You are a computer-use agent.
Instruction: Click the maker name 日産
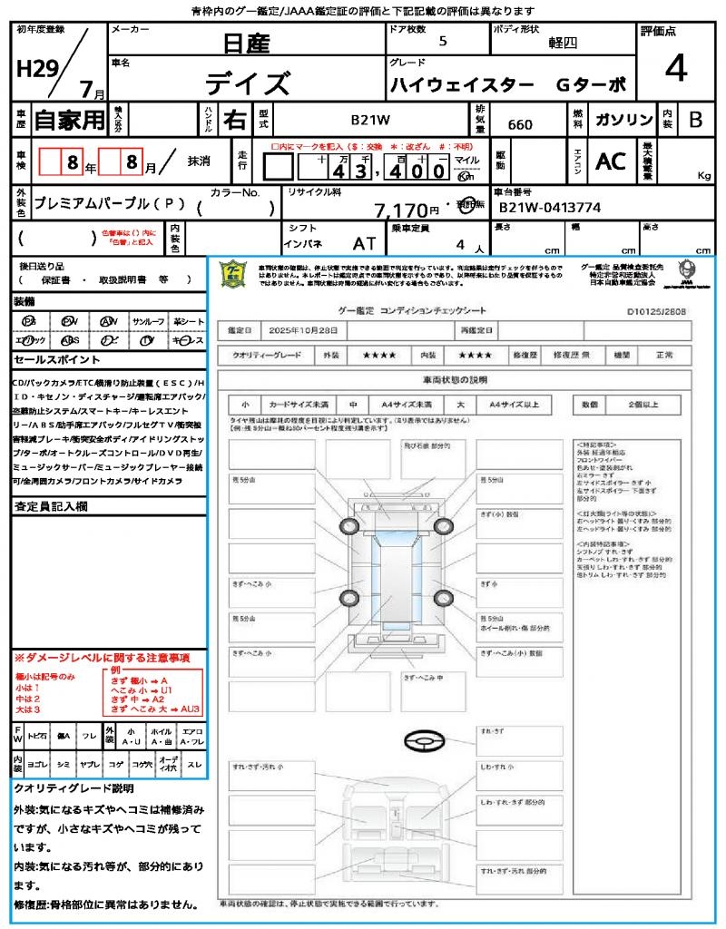(x=246, y=42)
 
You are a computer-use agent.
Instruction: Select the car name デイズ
(x=247, y=83)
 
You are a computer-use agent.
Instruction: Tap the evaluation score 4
(x=674, y=68)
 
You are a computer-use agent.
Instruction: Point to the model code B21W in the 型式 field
(x=370, y=119)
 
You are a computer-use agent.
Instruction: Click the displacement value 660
(x=520, y=124)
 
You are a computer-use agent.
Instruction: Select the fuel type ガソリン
(x=623, y=119)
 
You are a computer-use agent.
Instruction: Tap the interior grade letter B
(x=694, y=119)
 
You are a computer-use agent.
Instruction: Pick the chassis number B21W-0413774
(x=549, y=208)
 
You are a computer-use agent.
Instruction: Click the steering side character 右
(x=235, y=119)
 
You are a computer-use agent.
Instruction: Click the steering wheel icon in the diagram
(x=424, y=741)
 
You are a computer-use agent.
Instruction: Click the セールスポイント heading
(x=50, y=360)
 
